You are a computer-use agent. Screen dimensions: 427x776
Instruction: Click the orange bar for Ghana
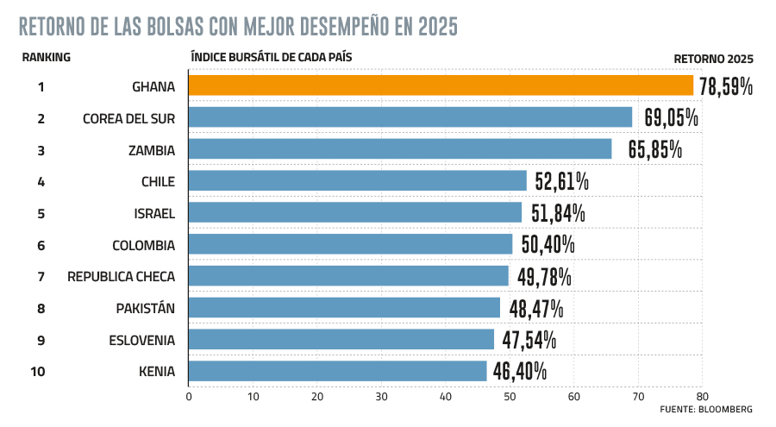coord(441,85)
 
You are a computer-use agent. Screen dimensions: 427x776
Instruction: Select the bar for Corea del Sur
coord(410,117)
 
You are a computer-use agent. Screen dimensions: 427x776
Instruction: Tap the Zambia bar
coord(399,149)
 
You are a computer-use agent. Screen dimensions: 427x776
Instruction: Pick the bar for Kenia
coord(337,371)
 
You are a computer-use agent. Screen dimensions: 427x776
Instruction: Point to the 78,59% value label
coord(726,86)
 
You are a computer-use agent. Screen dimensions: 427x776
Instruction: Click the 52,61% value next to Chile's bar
coord(561,181)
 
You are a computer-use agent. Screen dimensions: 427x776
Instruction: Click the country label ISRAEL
coord(153,213)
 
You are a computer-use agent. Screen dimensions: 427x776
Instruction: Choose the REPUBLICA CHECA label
coord(122,276)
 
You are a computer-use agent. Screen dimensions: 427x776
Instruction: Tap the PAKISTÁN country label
coord(146,308)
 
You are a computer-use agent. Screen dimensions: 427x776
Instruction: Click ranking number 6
coord(41,245)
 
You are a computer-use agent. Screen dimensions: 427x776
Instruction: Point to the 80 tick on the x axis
coord(702,397)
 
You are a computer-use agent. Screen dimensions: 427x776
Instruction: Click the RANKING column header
coord(46,58)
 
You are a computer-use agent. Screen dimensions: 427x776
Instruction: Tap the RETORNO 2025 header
coord(714,59)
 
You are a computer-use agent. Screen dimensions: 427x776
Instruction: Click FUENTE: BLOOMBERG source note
coord(707,409)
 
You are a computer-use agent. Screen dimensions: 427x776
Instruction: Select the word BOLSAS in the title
coord(167,27)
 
